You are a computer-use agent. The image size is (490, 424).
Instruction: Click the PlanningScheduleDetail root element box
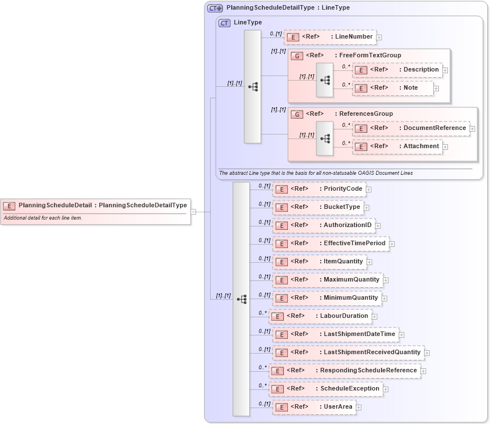coord(95,205)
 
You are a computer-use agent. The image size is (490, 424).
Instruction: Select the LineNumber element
coord(330,37)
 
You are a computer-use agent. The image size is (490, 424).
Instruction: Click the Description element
coord(397,70)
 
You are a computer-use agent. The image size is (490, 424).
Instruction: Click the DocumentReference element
coord(411,128)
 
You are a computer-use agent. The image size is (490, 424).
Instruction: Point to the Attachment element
coord(397,146)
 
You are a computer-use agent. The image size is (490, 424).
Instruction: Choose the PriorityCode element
coord(319,189)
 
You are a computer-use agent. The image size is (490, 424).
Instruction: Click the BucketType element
coord(317,207)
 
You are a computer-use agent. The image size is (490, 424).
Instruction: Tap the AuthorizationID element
coord(323,225)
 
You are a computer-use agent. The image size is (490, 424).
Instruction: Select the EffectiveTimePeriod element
coord(330,244)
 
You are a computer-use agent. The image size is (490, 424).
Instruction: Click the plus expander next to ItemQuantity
coord(369,262)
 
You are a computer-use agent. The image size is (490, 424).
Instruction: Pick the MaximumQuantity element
coord(327,280)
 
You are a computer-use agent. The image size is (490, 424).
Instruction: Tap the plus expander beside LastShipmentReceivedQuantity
coord(427,352)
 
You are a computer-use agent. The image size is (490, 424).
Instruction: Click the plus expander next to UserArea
coord(359,407)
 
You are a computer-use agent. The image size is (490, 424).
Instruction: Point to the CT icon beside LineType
coord(224,23)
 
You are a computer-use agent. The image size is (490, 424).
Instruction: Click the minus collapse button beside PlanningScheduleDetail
coord(194,212)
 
